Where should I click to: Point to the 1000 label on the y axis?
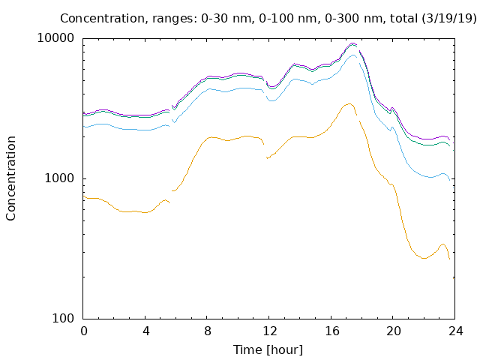[59, 178]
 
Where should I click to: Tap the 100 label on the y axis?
[63, 318]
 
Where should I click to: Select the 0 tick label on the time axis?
[84, 331]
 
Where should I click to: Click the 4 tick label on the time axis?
[145, 331]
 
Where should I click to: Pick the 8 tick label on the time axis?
[208, 331]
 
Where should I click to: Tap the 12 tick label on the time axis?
[270, 331]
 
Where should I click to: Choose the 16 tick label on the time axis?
[331, 331]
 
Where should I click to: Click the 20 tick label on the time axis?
[394, 331]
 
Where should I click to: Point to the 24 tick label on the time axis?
[455, 331]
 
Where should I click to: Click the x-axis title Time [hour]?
[268, 349]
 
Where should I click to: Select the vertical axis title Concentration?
[10, 178]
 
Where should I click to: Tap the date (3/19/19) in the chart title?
[449, 18]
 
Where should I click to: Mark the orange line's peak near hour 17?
[349, 103]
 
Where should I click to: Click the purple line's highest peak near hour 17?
[352, 43]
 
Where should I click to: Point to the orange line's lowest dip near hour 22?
[424, 258]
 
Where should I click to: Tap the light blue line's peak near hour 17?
[353, 55]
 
